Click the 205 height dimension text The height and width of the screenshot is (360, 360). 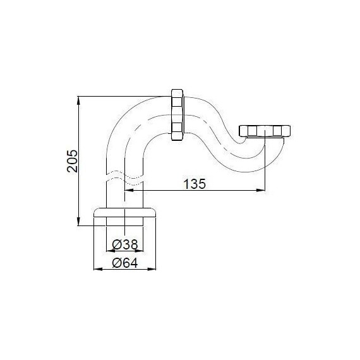pos(71,161)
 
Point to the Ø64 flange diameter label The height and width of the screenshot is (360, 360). pos(125,263)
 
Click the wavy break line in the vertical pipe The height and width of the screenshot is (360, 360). pos(125,178)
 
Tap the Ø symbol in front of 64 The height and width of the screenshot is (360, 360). pos(116,263)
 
